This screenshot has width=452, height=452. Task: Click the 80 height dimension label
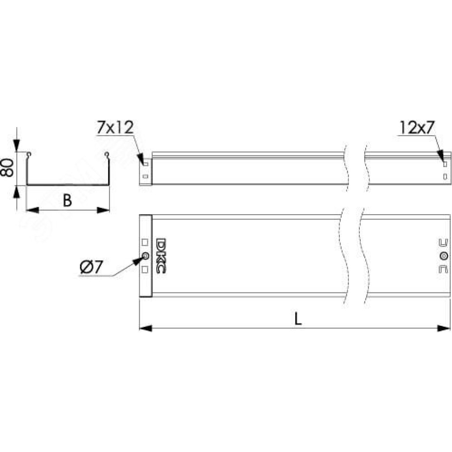point(7,168)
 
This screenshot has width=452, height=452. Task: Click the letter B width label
point(67,201)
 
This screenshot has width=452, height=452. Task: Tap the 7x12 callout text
point(115,127)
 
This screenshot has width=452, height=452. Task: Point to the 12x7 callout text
point(417,127)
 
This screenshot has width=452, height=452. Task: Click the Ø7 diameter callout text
point(91,267)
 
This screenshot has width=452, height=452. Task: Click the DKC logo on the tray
point(160,256)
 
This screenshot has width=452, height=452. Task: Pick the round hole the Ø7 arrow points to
point(145,256)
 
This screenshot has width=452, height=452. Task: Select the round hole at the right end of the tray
point(444,256)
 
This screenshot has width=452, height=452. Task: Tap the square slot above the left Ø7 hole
point(145,242)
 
